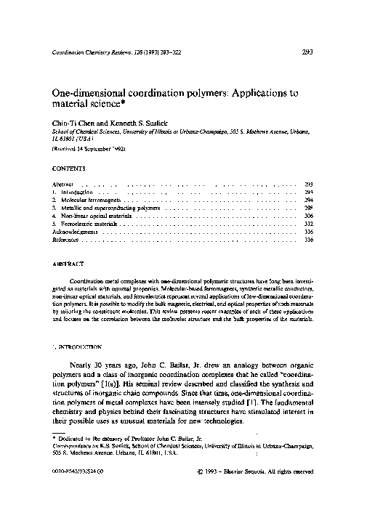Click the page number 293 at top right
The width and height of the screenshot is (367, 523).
click(x=307, y=52)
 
